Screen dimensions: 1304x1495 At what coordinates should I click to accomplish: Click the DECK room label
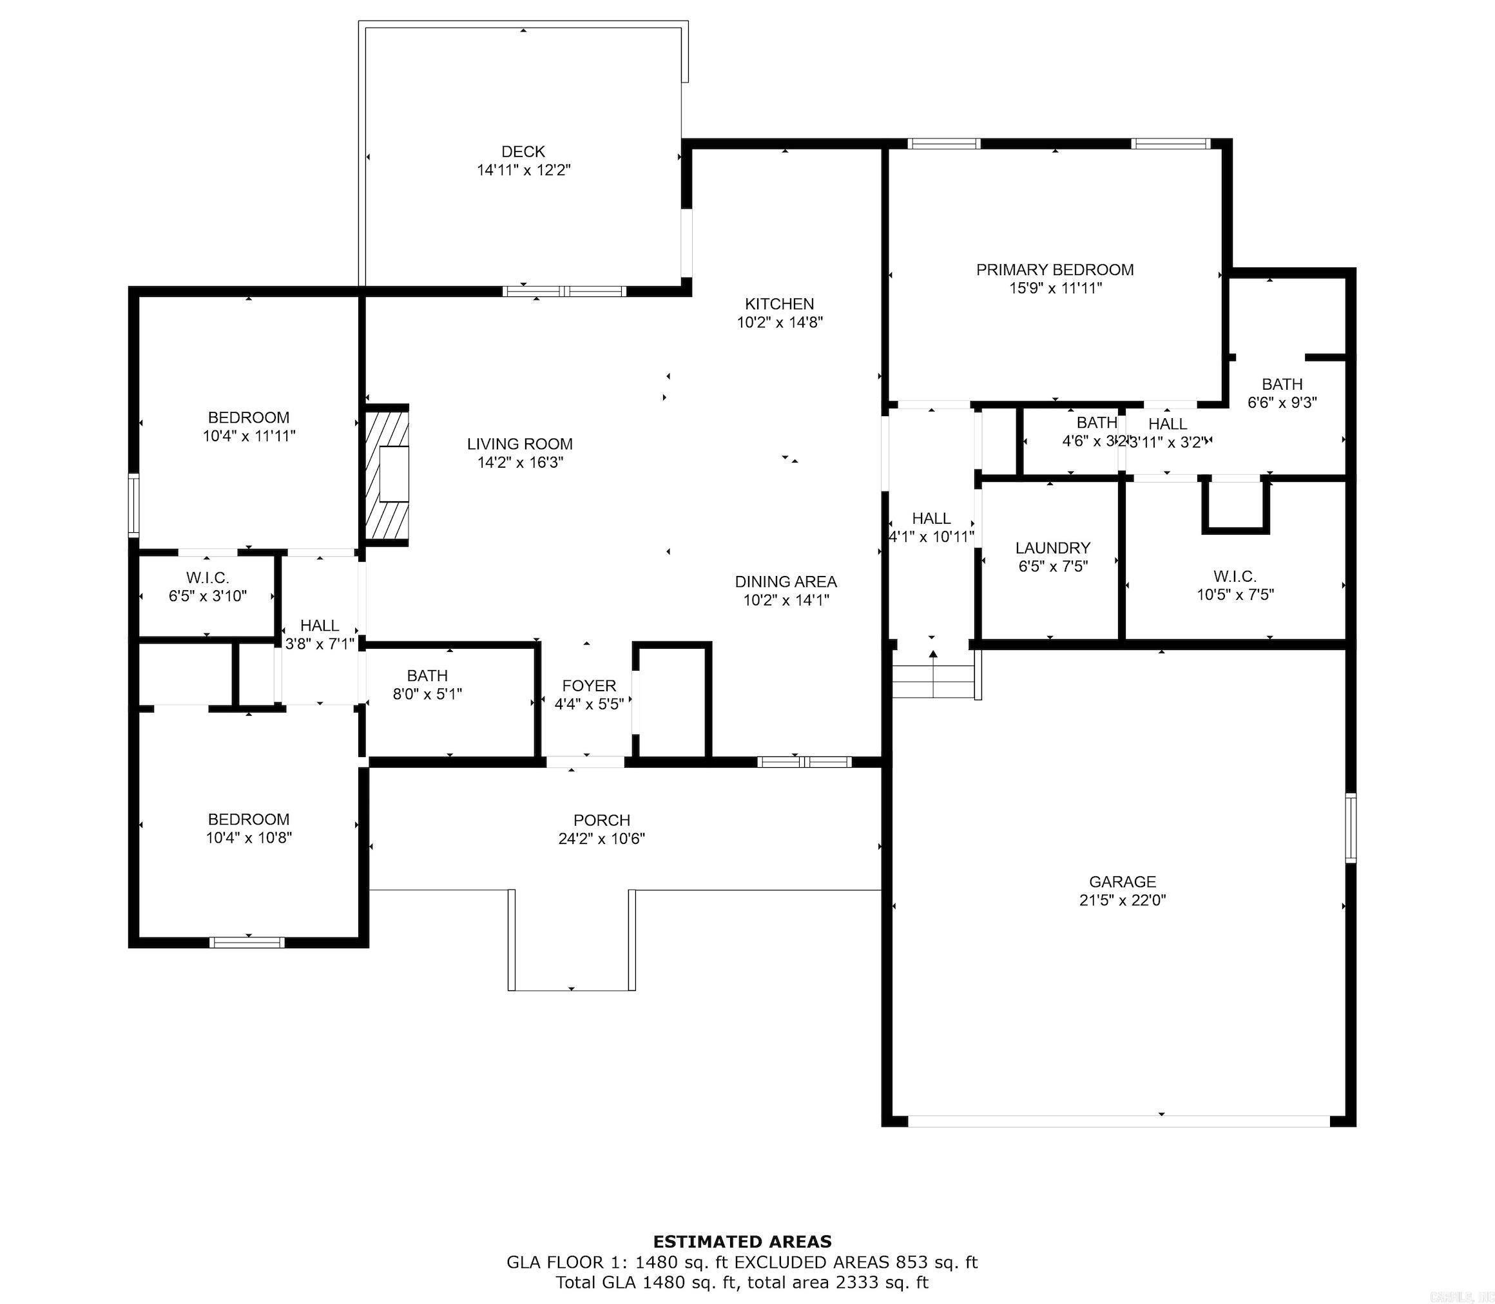pyautogui.click(x=523, y=151)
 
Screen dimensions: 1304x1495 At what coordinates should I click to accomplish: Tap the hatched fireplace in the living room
pyautogui.click(x=387, y=474)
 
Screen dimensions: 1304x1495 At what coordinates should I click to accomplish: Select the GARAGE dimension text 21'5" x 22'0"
pyautogui.click(x=1123, y=900)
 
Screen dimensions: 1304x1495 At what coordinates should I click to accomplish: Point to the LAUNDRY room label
pyautogui.click(x=1052, y=548)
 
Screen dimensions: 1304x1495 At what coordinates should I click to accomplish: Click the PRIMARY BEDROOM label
pyautogui.click(x=1055, y=270)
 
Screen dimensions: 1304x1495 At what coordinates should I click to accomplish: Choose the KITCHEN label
pyautogui.click(x=779, y=304)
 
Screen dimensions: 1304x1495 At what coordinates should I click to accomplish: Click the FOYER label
pyautogui.click(x=589, y=686)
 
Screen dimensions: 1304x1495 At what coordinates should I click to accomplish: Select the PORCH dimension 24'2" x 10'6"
pyautogui.click(x=601, y=838)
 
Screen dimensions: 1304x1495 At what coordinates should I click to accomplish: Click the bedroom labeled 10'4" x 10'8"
pyautogui.click(x=248, y=828)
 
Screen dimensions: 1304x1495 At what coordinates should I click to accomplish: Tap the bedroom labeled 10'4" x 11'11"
pyautogui.click(x=248, y=427)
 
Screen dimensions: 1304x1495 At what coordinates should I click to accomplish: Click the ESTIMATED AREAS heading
pyautogui.click(x=742, y=1242)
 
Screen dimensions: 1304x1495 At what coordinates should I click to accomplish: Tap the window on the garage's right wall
pyautogui.click(x=1350, y=828)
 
